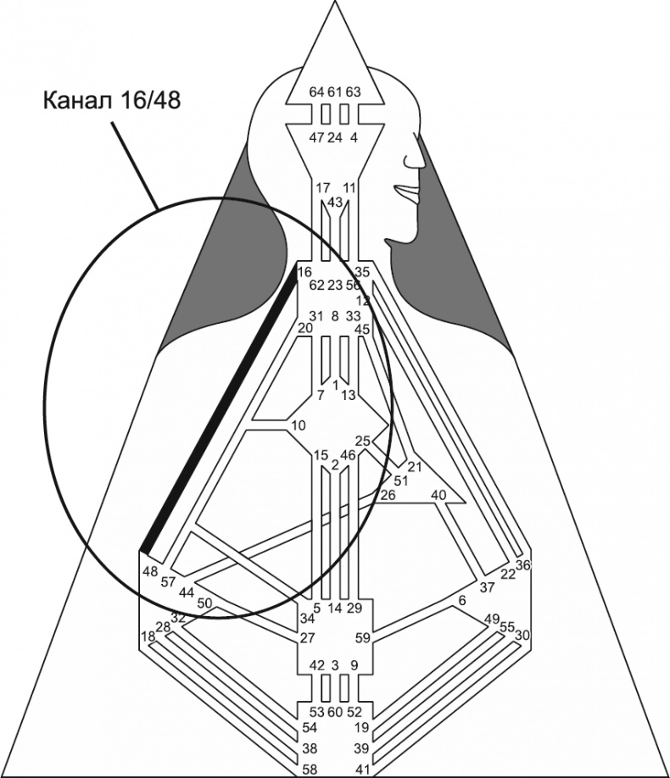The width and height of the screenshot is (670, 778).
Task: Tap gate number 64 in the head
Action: pyautogui.click(x=315, y=92)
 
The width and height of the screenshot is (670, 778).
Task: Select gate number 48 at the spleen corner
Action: pyautogui.click(x=150, y=571)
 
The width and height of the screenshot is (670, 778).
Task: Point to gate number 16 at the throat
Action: pyautogui.click(x=304, y=273)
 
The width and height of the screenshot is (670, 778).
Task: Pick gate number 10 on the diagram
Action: pyautogui.click(x=298, y=425)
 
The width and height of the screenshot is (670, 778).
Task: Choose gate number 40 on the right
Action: pyautogui.click(x=438, y=495)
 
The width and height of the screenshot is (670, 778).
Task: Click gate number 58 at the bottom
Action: pyautogui.click(x=312, y=770)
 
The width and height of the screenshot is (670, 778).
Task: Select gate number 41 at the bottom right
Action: pyautogui.click(x=362, y=770)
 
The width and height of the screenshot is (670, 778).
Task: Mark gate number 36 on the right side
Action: pyautogui.click(x=522, y=565)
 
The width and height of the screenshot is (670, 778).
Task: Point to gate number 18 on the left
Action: pyautogui.click(x=148, y=636)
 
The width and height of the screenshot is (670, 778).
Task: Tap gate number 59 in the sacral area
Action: pyautogui.click(x=361, y=637)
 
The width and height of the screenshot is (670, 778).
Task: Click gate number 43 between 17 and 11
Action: pyautogui.click(x=335, y=203)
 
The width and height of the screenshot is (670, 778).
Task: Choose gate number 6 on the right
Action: pyautogui.click(x=461, y=601)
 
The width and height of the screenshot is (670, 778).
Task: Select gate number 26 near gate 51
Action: pyautogui.click(x=388, y=495)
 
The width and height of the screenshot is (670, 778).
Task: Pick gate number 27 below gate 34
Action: pyautogui.click(x=307, y=638)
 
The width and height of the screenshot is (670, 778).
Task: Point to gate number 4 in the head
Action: pyautogui.click(x=354, y=137)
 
